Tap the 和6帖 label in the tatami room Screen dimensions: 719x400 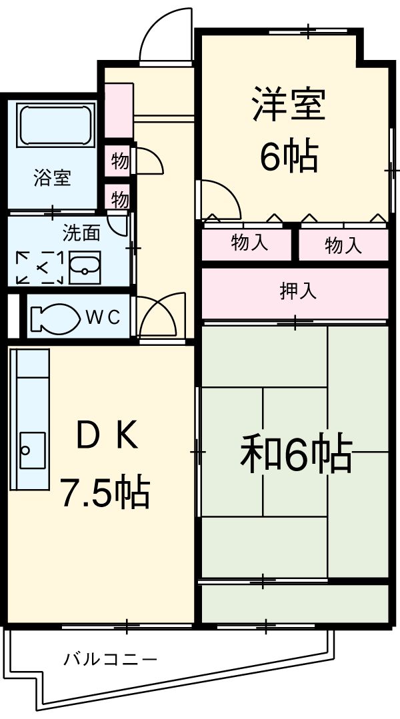point(295,454)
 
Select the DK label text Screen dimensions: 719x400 point(107,436)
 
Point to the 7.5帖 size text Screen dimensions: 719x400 point(105,492)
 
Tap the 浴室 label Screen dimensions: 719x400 point(52,178)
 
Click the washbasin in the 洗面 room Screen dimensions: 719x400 point(84,268)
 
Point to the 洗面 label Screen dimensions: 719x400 point(81,233)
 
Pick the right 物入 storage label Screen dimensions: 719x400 point(343,246)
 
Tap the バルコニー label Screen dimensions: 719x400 point(111,660)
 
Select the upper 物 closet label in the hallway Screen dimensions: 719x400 point(119,161)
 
